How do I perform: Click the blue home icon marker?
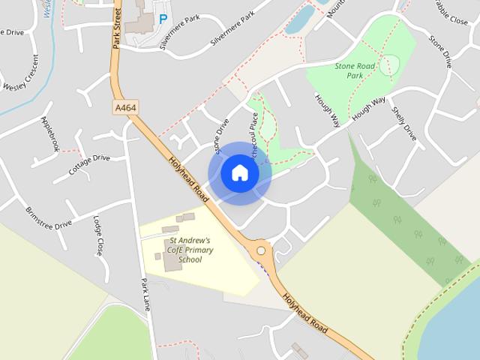pos(239,172)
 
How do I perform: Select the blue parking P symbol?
pos(163,19)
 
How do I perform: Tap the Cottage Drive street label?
pos(89,164)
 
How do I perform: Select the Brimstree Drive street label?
pos(49,217)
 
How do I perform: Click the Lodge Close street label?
pos(98,236)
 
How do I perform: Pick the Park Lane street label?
pos(145,296)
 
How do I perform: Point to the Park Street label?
pos(116,28)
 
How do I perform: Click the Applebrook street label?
pos(50,133)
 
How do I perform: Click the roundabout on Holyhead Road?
pos(261,251)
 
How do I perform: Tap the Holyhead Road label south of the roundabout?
pos(305,311)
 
